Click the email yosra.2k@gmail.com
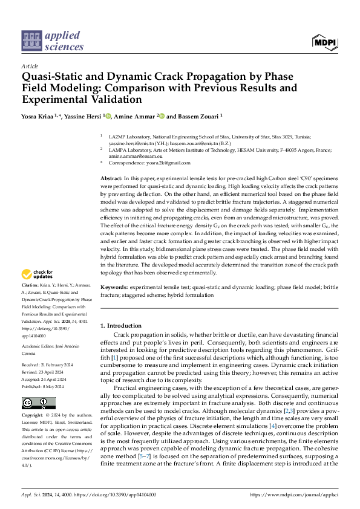coord(160,163)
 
